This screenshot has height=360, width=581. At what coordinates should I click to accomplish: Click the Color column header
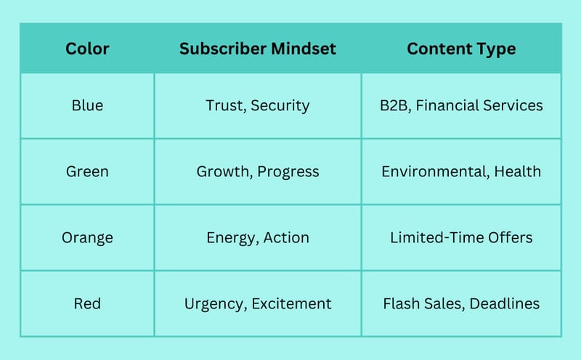[87, 49]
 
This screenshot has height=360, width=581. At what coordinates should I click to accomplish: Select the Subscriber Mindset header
[258, 49]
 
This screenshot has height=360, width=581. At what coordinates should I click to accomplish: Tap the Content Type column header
[461, 49]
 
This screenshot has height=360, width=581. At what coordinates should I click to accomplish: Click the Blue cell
[87, 105]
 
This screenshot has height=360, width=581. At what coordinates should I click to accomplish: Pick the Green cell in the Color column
[87, 171]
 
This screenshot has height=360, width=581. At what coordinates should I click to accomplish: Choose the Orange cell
[87, 238]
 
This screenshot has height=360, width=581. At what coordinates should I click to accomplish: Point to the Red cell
[87, 303]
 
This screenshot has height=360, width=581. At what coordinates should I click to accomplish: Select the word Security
[280, 106]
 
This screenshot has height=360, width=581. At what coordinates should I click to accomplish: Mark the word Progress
[288, 172]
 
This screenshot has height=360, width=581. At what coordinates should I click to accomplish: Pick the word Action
[286, 238]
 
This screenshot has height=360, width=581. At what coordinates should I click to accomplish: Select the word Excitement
[292, 303]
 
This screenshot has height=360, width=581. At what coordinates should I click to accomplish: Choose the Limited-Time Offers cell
[461, 238]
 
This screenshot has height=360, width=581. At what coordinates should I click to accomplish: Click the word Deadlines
[505, 303]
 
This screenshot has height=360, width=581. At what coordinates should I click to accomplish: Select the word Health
[518, 171]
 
